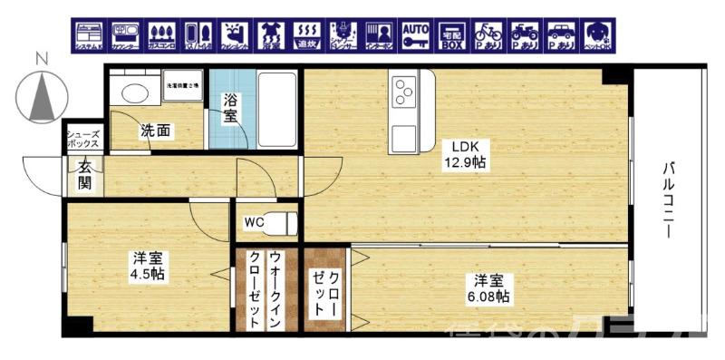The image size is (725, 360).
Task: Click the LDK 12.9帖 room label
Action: click(465, 155)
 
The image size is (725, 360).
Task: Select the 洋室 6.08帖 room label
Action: click(486, 287)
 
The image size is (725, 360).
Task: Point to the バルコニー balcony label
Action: click(668, 200)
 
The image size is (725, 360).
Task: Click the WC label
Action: click(254, 220)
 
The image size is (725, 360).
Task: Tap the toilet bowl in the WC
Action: click(284, 220)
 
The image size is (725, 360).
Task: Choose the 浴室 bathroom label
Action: click(231, 109)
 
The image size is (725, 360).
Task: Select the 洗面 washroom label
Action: click(154, 131)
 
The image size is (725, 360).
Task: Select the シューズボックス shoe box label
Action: click(84, 141)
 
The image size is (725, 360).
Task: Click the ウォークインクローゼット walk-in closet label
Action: click(264, 288)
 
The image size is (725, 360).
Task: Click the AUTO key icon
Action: click(415, 34)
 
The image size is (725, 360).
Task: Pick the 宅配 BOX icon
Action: click(450, 35)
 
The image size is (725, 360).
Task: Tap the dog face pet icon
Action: click(595, 34)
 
